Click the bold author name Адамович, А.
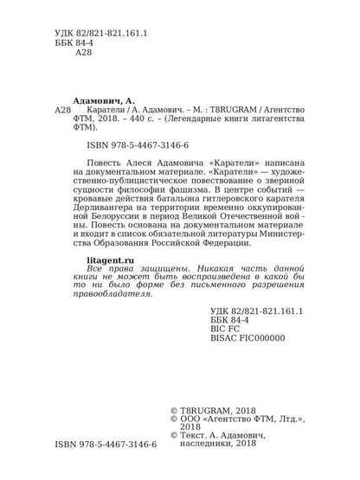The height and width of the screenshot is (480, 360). coord(103,100)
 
